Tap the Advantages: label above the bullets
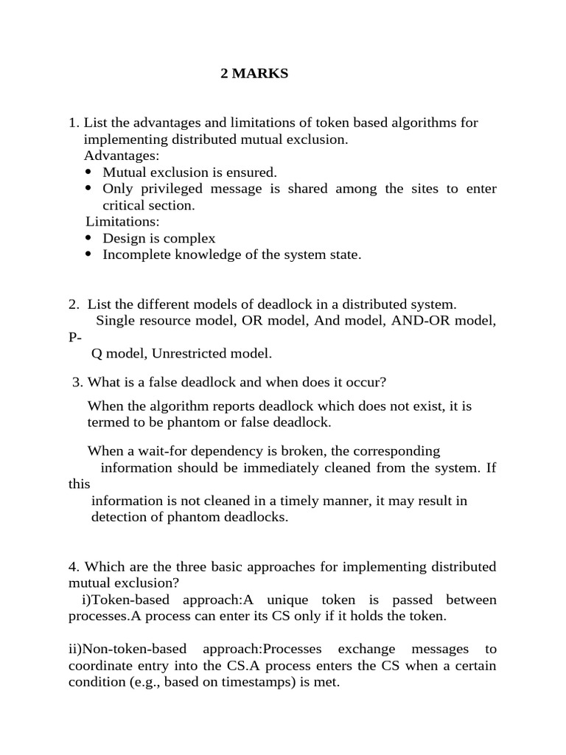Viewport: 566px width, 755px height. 122,156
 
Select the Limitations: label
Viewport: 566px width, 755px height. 122,221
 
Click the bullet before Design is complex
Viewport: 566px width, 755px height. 88,237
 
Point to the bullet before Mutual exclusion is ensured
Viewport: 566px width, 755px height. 88,172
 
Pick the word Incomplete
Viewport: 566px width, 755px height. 136,254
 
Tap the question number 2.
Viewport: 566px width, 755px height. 73,304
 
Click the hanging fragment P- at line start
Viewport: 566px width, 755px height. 76,337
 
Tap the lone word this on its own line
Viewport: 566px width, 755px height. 79,484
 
